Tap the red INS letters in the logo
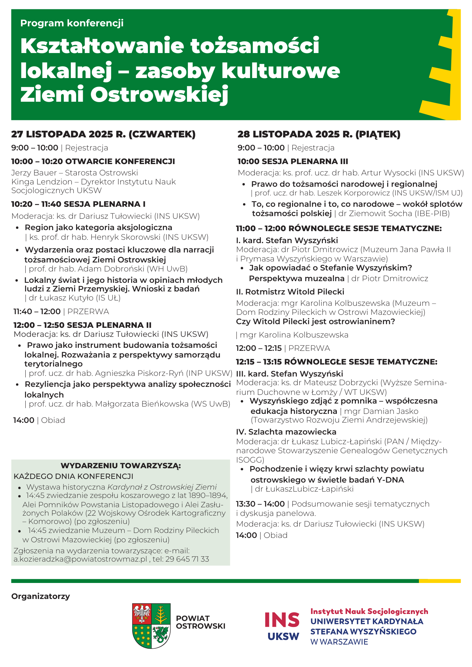click(282, 620)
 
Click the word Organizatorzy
click(41, 596)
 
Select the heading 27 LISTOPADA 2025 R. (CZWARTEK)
click(103, 134)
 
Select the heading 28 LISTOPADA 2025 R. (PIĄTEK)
click(319, 134)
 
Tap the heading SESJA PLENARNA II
click(109, 325)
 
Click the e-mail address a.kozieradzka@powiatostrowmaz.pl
click(80, 559)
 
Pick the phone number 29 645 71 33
click(187, 559)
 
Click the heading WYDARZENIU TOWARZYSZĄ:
click(121, 466)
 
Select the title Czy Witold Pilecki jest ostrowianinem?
click(315, 321)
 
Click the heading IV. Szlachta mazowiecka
click(286, 432)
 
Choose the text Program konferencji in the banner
click(72, 23)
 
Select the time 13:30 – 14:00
click(260, 504)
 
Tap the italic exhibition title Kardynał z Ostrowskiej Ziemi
click(162, 487)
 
